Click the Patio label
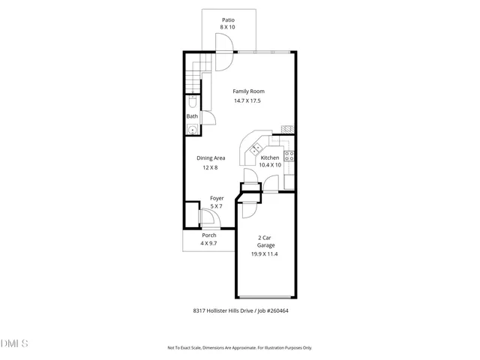click(227, 19)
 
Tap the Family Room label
click(248, 91)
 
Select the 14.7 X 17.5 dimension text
click(247, 101)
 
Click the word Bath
click(192, 116)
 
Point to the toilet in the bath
click(193, 100)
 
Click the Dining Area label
click(211, 158)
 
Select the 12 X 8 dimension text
click(211, 168)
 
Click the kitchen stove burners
click(289, 157)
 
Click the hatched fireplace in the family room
click(286, 129)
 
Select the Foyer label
click(217, 199)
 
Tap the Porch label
click(209, 235)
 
